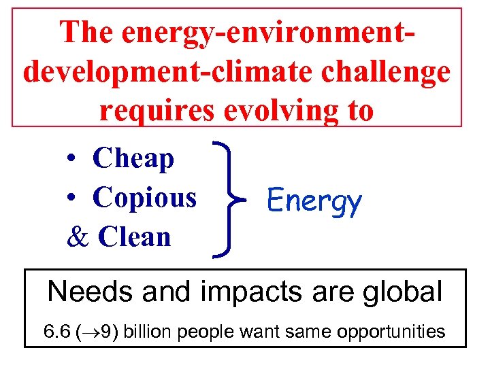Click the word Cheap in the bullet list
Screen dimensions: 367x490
click(133, 158)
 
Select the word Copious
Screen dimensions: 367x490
click(144, 198)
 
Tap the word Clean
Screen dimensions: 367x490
click(135, 237)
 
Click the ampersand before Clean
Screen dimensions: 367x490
click(79, 237)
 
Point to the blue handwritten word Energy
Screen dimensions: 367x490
click(314, 201)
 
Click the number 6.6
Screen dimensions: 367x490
click(56, 332)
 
